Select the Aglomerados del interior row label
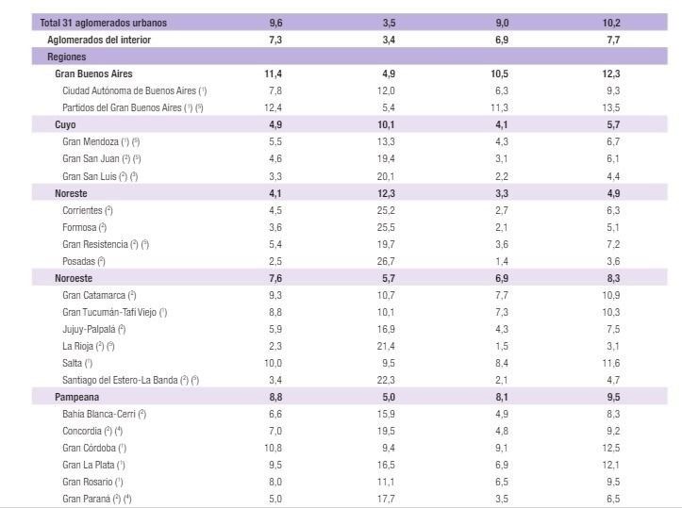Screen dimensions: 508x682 (99, 40)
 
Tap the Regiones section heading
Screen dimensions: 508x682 (67, 57)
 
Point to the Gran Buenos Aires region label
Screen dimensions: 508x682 (93, 74)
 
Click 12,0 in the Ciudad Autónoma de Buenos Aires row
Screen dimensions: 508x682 (389, 90)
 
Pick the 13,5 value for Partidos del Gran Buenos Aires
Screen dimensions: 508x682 (613, 107)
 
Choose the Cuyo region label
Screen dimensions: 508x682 (66, 124)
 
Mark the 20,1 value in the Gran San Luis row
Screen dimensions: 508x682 (389, 175)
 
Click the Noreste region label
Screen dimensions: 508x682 (72, 192)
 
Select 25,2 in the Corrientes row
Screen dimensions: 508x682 (389, 209)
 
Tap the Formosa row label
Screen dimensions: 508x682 (84, 226)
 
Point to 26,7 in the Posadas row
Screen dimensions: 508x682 (389, 260)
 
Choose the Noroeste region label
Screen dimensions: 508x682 (75, 277)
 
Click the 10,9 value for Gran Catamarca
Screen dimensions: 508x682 (613, 294)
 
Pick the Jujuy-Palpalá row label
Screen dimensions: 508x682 (93, 328)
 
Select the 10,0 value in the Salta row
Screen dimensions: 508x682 (274, 362)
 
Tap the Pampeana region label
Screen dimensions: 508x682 (76, 396)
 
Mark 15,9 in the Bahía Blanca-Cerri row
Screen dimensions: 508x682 (389, 413)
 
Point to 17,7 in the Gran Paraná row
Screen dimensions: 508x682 (389, 498)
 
